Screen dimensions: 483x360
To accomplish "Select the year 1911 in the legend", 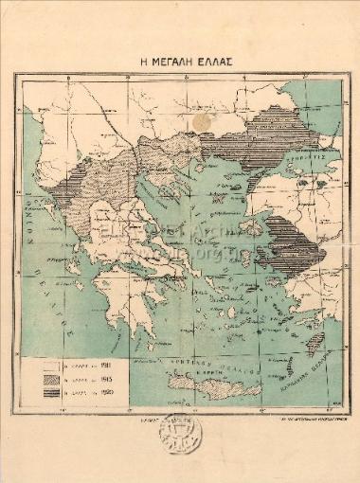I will click(96, 364).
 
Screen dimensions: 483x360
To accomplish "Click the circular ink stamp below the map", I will click(179, 435).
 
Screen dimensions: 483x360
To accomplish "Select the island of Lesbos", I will click(251, 227).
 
